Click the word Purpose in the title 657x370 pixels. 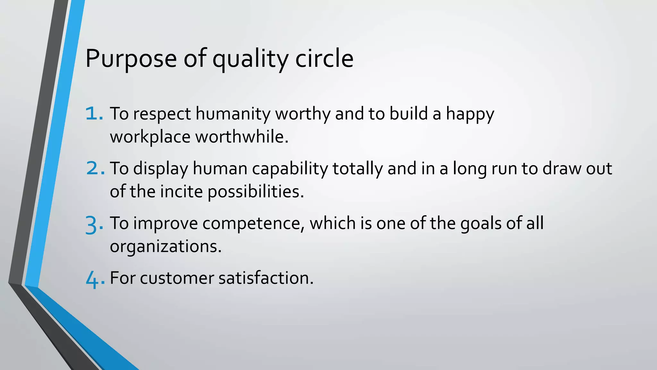click(131, 59)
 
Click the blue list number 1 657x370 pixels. click(94, 114)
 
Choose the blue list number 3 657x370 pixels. click(94, 224)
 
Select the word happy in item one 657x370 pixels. click(470, 114)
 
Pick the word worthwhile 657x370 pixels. click(242, 137)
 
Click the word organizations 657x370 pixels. click(166, 247)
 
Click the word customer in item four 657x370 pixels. click(177, 278)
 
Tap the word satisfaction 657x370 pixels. click(266, 278)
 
